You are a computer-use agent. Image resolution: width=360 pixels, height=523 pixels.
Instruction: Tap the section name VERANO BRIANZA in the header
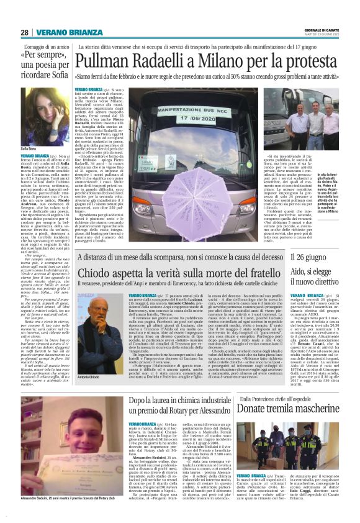(x=61, y=32)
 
